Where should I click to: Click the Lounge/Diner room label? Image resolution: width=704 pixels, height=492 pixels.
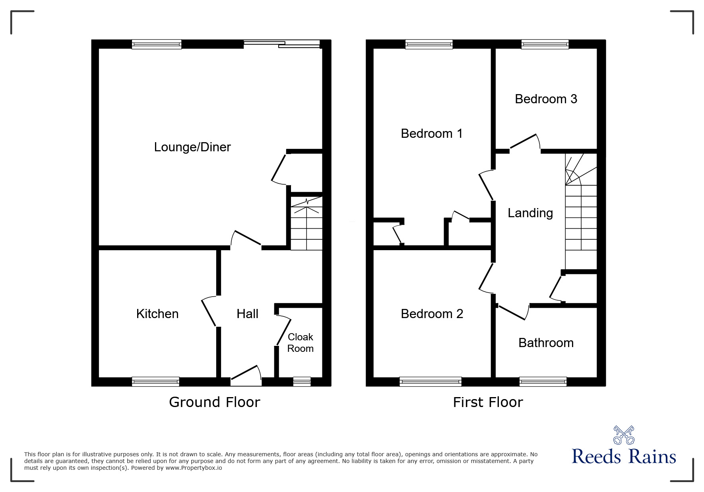tap(192, 147)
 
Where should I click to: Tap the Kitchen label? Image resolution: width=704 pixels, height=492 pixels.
tap(157, 314)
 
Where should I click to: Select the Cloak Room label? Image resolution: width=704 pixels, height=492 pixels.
tap(301, 343)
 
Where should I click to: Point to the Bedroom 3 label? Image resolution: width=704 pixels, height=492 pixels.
tap(546, 99)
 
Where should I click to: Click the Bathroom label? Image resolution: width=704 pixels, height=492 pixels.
tap(546, 343)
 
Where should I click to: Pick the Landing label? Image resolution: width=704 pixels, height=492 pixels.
tap(530, 213)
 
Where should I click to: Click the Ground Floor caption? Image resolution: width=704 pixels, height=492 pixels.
tap(215, 402)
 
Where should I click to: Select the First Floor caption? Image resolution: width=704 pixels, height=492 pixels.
tap(488, 402)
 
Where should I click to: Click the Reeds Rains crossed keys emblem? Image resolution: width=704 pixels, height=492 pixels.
tap(624, 435)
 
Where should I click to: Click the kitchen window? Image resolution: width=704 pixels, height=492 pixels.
tap(155, 382)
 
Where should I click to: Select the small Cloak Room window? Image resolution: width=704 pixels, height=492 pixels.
tap(302, 382)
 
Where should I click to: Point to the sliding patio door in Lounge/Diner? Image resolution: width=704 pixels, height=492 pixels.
tap(282, 44)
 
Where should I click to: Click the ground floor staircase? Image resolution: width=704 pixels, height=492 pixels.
tap(306, 224)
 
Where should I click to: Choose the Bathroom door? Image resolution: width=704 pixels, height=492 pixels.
tap(513, 313)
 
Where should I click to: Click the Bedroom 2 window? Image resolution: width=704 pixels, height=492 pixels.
tap(431, 382)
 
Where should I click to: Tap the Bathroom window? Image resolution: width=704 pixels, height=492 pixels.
tap(543, 382)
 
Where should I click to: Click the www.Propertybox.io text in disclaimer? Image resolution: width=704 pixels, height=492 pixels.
tap(194, 468)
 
